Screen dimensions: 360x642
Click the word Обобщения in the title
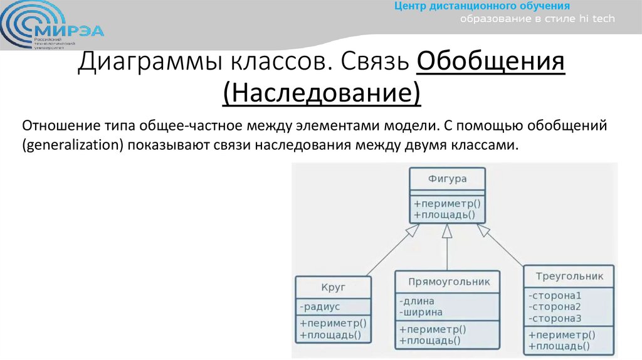(x=490, y=63)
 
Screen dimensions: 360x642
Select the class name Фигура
(x=447, y=179)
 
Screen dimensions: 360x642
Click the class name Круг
(x=333, y=288)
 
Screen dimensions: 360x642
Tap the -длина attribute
(x=416, y=301)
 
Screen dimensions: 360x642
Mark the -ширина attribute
(x=420, y=312)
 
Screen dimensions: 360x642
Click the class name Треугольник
(x=569, y=276)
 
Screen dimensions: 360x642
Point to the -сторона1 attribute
(x=555, y=295)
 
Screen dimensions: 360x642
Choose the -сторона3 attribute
(x=555, y=318)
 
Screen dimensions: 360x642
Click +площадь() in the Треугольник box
(x=559, y=346)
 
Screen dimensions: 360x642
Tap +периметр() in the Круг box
(x=332, y=324)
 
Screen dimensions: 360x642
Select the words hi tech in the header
(x=598, y=19)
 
